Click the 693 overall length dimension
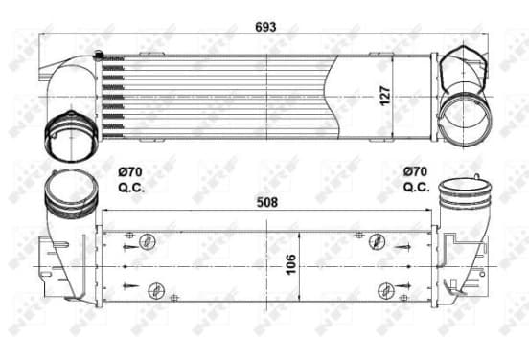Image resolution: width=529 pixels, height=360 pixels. click(265, 27)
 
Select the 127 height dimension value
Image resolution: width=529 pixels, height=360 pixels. click(385, 96)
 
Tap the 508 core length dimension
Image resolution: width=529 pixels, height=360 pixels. click(267, 202)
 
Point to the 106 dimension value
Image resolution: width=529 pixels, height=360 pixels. click(290, 264)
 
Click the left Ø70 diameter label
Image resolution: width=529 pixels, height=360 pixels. click(130, 172)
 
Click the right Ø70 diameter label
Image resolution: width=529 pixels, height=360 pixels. click(415, 171)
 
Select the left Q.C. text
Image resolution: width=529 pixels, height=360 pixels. click(131, 188)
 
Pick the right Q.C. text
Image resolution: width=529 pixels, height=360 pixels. click(416, 187)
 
